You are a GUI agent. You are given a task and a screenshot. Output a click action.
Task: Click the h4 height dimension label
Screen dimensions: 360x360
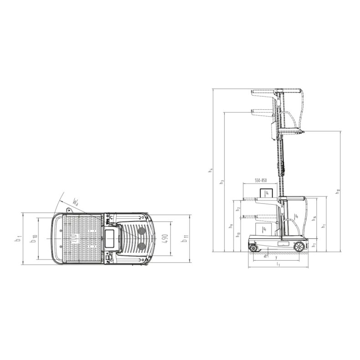(211, 170)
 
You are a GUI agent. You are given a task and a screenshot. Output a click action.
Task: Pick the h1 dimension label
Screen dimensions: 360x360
(324, 224)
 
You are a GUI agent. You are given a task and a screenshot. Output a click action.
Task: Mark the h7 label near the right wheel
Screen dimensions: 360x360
(315, 245)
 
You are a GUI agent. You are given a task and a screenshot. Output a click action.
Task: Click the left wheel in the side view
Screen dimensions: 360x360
(253, 247)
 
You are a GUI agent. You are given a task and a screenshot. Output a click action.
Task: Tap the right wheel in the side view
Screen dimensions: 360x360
(299, 247)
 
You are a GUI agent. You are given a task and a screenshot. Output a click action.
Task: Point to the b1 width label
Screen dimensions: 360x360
(17, 237)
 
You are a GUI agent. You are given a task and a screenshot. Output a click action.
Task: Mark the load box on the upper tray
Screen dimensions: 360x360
(265, 193)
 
